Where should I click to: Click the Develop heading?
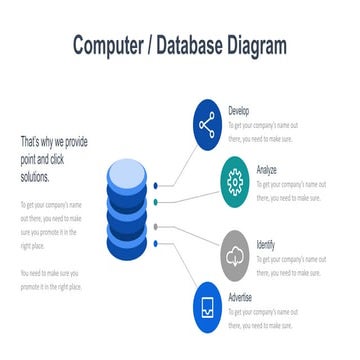click(239, 111)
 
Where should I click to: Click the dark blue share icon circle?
click(207, 125)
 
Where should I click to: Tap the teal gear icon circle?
click(235, 181)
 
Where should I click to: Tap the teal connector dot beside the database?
click(157, 203)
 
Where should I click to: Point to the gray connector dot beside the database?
click(157, 227)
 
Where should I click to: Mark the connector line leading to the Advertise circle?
click(176, 270)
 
